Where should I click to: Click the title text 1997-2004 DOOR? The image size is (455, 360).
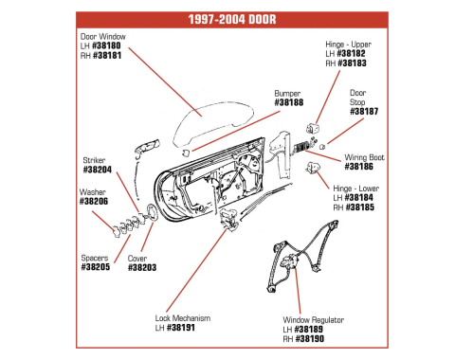[232, 19]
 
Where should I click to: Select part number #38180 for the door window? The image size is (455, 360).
[106, 45]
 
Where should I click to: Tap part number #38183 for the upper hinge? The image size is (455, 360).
[352, 63]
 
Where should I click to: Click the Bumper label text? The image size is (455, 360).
[287, 94]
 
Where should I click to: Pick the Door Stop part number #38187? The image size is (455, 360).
[364, 111]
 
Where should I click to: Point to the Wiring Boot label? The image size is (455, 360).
[365, 157]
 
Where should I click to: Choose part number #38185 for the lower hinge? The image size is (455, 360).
[360, 207]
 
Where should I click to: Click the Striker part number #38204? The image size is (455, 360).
[98, 170]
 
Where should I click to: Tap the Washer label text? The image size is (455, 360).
[93, 192]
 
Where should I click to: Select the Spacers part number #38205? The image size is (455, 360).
[96, 267]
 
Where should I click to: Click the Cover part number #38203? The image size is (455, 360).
[142, 267]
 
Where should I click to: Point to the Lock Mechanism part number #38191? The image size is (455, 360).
[181, 328]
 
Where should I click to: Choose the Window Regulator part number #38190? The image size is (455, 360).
[310, 339]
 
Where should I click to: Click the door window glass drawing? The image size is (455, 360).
[213, 124]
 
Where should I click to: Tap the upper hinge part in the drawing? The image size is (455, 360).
[313, 128]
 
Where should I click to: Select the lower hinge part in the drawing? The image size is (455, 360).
[313, 168]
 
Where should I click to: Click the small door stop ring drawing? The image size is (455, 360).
[322, 147]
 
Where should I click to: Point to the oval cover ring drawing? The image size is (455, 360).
[153, 213]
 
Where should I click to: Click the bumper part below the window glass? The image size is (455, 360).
[186, 153]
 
